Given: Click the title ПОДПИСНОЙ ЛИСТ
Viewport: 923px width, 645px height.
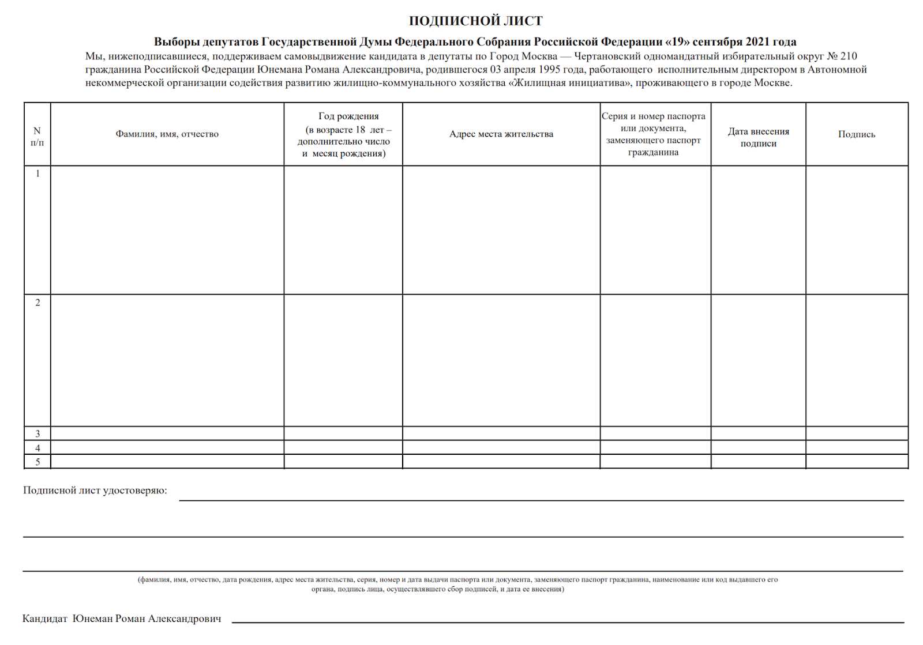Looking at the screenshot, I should click(x=475, y=21).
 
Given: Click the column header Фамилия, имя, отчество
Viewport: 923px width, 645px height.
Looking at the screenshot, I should click(x=167, y=134).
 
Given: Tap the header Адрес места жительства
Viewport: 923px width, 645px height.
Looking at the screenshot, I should click(x=501, y=134).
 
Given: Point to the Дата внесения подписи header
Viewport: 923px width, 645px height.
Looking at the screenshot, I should click(x=758, y=137).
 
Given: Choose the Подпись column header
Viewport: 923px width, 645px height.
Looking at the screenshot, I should click(x=856, y=134).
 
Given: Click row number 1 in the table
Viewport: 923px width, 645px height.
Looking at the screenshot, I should click(x=37, y=173).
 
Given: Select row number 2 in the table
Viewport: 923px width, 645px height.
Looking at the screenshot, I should click(x=37, y=303).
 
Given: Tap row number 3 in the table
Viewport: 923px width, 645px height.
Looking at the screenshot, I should click(x=37, y=433).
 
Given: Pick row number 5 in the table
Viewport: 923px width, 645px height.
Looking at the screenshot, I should click(x=37, y=462).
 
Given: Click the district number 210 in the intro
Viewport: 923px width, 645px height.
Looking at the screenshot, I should click(x=849, y=56).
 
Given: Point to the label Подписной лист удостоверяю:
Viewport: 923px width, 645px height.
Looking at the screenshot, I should click(x=95, y=491).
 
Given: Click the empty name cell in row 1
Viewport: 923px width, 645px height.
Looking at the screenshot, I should click(x=167, y=230).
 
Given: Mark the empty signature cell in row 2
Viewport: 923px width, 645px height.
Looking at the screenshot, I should click(x=856, y=360).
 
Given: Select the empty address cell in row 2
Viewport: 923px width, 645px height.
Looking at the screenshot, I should click(x=501, y=360).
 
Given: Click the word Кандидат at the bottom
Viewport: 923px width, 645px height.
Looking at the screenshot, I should click(x=44, y=619).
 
